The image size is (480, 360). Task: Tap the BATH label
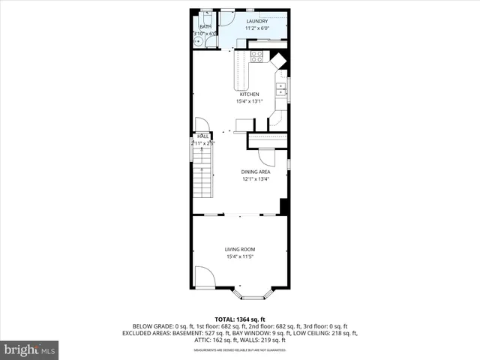point(205,26)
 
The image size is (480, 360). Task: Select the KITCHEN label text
point(249,94)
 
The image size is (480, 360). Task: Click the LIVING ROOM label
point(240,250)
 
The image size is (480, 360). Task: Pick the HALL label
point(202,136)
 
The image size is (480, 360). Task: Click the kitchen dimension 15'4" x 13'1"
point(249,101)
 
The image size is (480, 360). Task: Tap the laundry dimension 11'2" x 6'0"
point(257,29)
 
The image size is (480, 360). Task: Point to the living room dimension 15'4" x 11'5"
point(240,257)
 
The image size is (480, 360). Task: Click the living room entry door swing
point(205,277)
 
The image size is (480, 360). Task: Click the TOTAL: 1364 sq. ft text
point(240,319)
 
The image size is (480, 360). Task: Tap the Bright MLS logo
point(30,349)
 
